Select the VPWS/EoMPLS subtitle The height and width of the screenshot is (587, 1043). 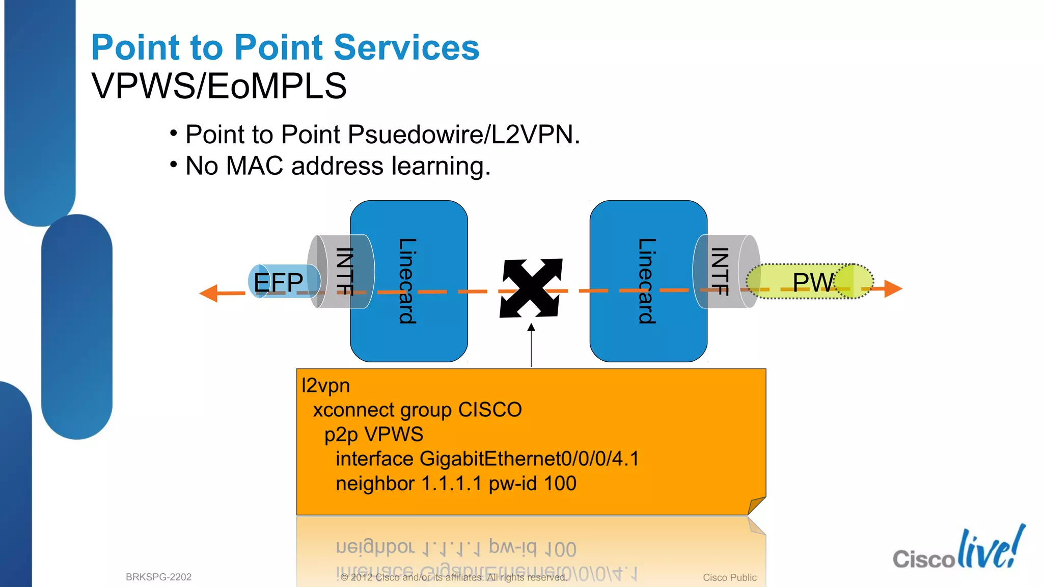tap(219, 86)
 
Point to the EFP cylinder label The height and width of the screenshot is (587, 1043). tap(278, 282)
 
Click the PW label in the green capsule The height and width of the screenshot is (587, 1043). tap(813, 282)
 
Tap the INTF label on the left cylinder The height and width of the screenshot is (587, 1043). tap(345, 271)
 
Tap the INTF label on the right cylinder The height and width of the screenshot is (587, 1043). tap(719, 271)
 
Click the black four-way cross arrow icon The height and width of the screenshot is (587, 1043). tap(531, 288)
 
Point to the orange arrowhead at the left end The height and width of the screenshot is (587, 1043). tap(209, 293)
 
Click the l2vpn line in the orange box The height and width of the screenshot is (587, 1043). tap(326, 386)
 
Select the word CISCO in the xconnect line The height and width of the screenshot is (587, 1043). tap(490, 410)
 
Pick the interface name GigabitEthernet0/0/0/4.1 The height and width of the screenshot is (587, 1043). tap(529, 459)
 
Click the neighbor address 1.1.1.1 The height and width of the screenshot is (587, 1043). tap(451, 484)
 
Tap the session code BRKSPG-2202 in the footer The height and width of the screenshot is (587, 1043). tap(158, 577)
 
